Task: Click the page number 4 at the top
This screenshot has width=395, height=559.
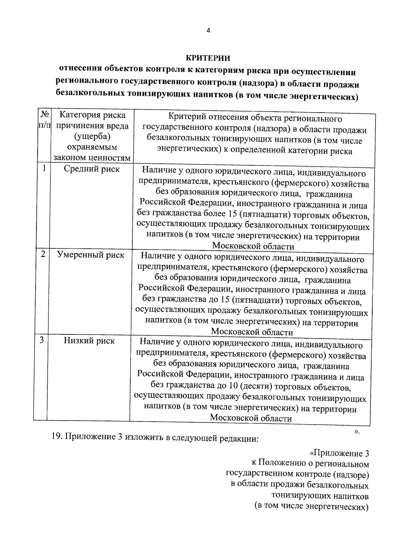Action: point(208,30)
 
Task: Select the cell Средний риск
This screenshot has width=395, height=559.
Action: point(92,169)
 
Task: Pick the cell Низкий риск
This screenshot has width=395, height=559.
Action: point(89,341)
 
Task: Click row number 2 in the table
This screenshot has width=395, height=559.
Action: point(43,254)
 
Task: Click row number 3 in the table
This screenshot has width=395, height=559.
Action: point(42,340)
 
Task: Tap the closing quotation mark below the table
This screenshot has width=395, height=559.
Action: point(357,432)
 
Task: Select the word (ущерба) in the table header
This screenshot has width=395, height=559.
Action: point(92,136)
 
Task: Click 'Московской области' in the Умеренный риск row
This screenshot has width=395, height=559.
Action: point(252,332)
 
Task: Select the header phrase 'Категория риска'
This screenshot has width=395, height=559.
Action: point(92,115)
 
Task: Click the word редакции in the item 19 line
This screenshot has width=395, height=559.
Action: point(238,438)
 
